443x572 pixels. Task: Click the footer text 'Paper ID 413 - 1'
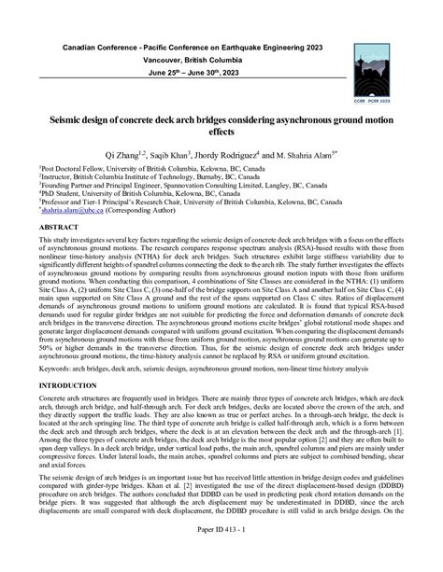(x=221, y=558)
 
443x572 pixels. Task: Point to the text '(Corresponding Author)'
(x=149, y=213)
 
